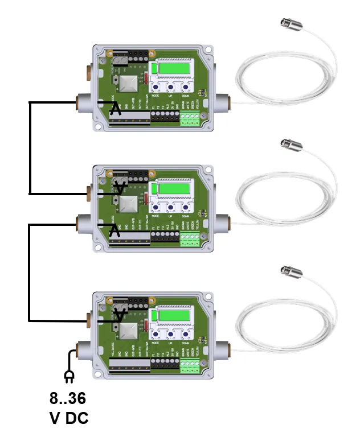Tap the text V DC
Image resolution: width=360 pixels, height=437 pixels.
pyautogui.click(x=68, y=419)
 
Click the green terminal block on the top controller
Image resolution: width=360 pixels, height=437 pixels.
pyautogui.click(x=190, y=118)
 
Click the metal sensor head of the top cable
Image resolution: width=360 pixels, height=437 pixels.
pyautogui.click(x=287, y=23)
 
